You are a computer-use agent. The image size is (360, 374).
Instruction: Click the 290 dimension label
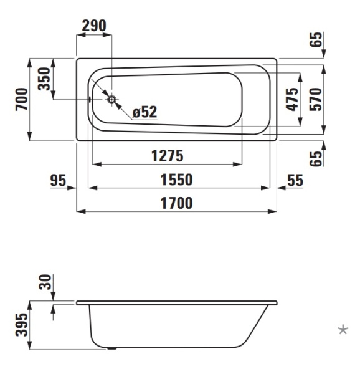tap(94, 26)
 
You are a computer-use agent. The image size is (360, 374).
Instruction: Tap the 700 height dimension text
tap(22, 99)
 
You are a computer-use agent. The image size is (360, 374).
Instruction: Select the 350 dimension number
tap(44, 79)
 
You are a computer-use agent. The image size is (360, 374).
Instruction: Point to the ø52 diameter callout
tap(145, 112)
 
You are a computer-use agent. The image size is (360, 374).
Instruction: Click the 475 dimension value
tap(292, 100)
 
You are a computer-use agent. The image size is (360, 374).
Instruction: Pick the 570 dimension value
tap(316, 99)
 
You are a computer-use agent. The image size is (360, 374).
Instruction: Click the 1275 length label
tap(168, 156)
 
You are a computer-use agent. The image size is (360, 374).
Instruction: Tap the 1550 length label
tap(176, 180)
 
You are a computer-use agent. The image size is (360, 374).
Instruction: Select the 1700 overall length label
tap(176, 203)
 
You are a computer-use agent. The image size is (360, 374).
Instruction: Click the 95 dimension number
tap(58, 180)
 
